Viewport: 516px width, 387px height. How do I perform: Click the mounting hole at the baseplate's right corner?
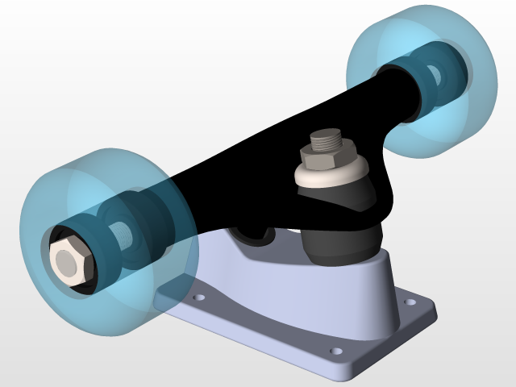click(412, 303)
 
